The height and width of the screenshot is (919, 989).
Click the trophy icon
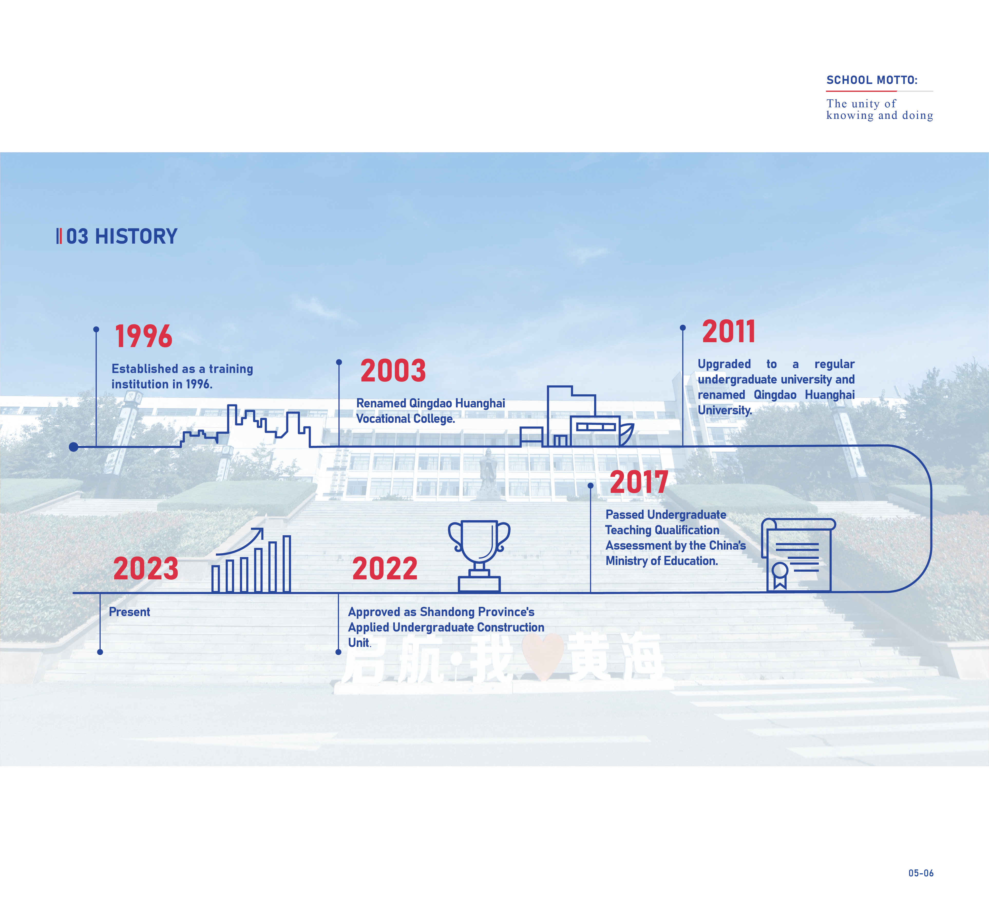pyautogui.click(x=479, y=556)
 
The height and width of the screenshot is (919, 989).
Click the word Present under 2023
pyautogui.click(x=129, y=612)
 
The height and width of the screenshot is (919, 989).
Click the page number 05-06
pyautogui.click(x=921, y=873)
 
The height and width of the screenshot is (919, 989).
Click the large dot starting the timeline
pyautogui.click(x=74, y=447)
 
